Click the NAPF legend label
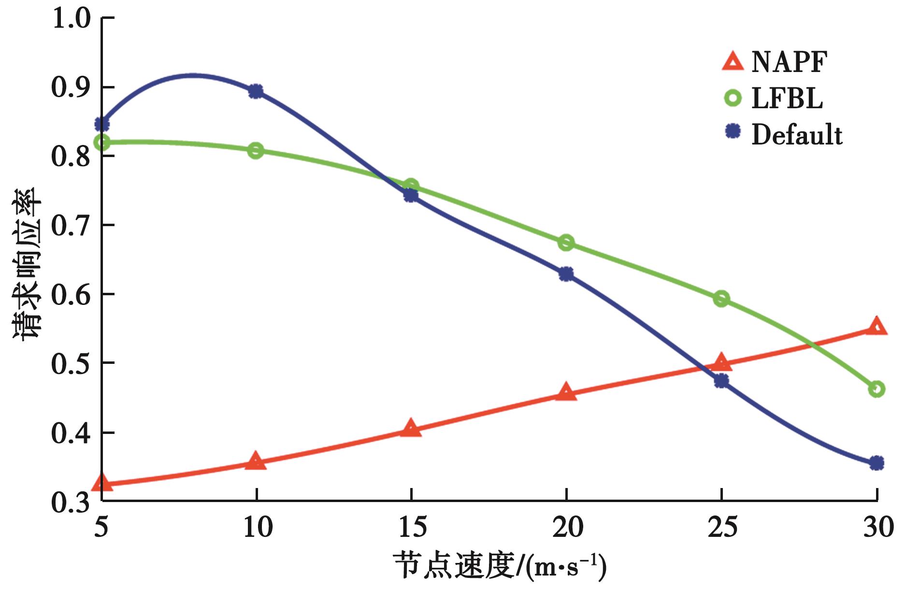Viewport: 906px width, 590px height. point(789,62)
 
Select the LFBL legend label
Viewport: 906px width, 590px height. point(787,99)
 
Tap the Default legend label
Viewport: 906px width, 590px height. point(797,135)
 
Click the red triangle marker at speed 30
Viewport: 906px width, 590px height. point(877,327)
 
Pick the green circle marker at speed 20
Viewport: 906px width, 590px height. point(566,243)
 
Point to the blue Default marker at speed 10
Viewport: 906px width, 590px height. point(256,91)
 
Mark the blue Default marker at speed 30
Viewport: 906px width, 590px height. point(877,463)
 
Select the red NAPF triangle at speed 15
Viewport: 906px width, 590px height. point(411,428)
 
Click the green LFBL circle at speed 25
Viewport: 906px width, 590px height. point(721,299)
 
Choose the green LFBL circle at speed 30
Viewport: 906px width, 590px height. point(877,389)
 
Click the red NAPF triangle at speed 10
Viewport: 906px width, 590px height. point(256,461)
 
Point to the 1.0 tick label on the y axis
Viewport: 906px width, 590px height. point(71,19)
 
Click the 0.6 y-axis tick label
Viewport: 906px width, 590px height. point(71,295)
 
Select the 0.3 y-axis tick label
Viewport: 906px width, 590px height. point(71,503)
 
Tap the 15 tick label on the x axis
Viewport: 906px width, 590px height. point(412,528)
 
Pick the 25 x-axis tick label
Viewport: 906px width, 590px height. point(722,528)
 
